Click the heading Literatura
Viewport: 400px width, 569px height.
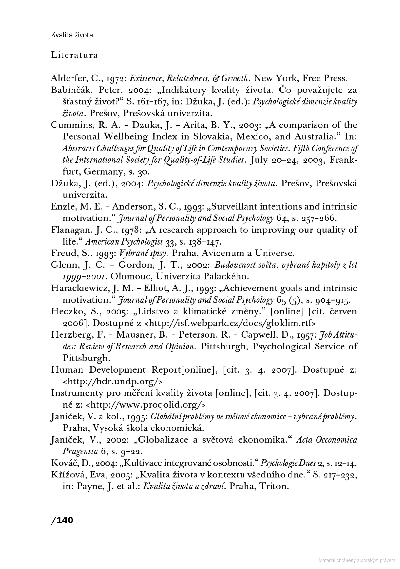[74, 55]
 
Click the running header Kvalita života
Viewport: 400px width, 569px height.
[72, 35]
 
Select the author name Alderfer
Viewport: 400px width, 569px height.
[65, 78]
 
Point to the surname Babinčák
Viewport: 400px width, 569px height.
[70, 90]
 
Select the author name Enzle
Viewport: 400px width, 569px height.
[61, 207]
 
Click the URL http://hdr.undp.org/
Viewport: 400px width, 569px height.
[113, 382]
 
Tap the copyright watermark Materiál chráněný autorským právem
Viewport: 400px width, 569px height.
[357, 560]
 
